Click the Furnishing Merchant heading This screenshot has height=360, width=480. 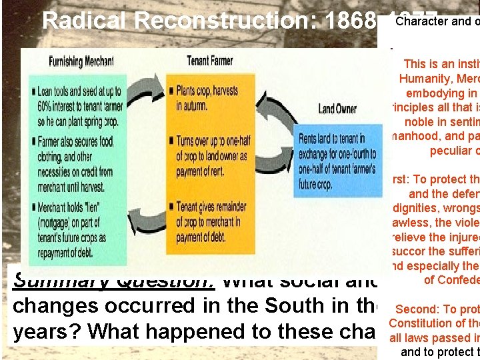(x=81, y=62)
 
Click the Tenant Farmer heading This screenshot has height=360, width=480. (x=209, y=61)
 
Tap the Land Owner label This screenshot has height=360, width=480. (x=337, y=109)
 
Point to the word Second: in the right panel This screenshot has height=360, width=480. (x=417, y=309)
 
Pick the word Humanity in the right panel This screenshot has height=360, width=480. (x=427, y=79)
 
